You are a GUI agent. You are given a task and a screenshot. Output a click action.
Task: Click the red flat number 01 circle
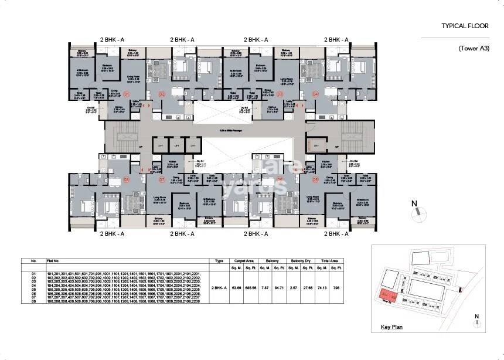[125, 94]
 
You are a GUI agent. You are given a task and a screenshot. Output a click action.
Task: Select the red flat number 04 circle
[315, 94]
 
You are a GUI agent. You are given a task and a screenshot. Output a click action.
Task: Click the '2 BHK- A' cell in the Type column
[218, 288]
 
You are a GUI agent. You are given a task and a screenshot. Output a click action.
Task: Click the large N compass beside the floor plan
[414, 208]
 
